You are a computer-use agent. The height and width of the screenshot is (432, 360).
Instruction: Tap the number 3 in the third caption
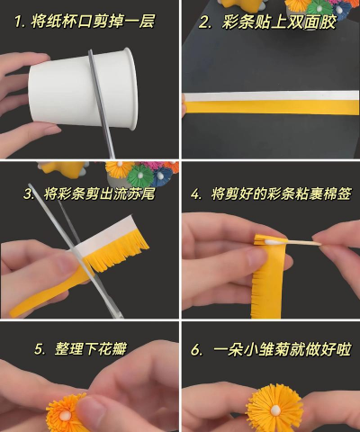point(29,193)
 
